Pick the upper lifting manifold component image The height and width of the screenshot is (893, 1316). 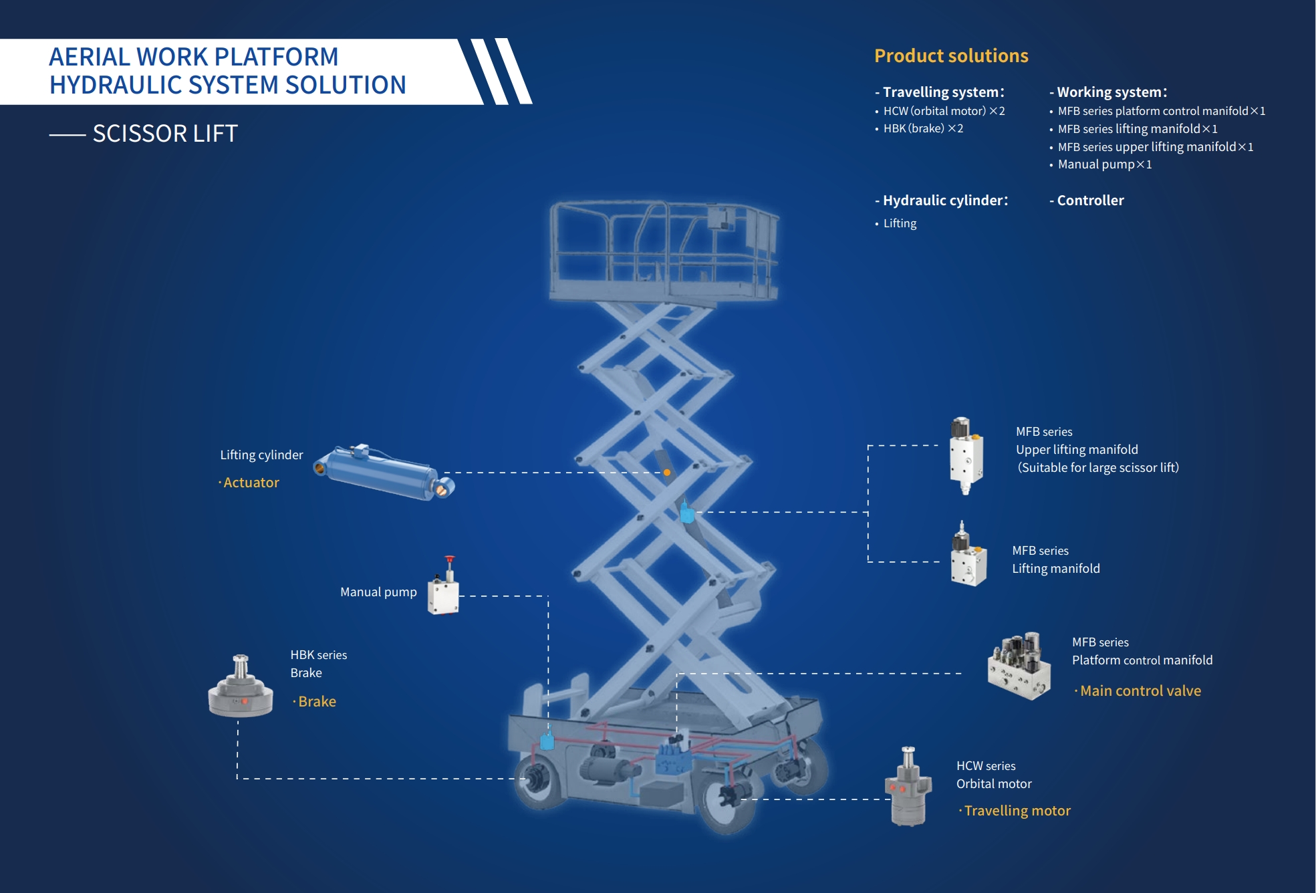(x=966, y=455)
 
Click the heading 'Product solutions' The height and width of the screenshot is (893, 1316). (x=951, y=55)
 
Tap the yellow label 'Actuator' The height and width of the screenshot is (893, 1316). (x=251, y=483)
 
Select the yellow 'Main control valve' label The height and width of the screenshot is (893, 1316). (x=1140, y=691)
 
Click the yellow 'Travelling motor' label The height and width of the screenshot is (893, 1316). (x=1017, y=811)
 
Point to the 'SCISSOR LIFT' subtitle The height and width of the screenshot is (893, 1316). (x=165, y=134)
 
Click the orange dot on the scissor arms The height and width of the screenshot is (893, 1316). (x=667, y=473)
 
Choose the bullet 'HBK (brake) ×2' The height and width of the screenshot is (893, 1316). (x=923, y=128)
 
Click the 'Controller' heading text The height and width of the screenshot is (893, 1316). (x=1090, y=201)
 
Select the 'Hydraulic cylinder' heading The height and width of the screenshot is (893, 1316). (x=944, y=201)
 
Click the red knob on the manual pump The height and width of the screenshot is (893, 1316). (x=450, y=559)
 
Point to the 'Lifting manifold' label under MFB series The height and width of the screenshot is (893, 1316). (x=1055, y=569)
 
